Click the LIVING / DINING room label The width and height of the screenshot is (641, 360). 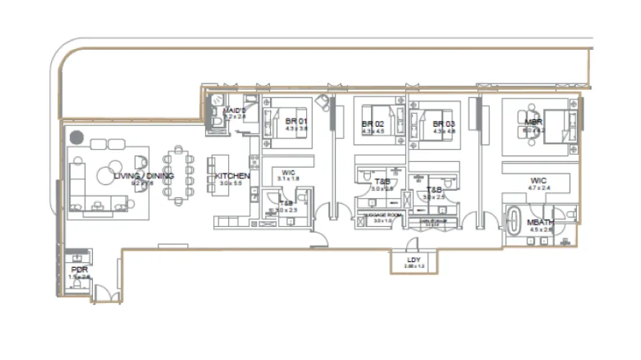(x=143, y=176)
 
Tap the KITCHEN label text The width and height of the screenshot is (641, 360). (x=233, y=176)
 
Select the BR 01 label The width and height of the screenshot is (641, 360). (x=292, y=120)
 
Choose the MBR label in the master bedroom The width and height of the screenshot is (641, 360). (x=533, y=122)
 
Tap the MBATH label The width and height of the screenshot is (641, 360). (x=540, y=222)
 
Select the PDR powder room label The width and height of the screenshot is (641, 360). (x=79, y=269)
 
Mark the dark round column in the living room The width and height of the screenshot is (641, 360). (x=76, y=136)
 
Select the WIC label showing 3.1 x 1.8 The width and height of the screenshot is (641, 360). (x=287, y=172)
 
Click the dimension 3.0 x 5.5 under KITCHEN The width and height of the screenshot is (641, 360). (x=233, y=184)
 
